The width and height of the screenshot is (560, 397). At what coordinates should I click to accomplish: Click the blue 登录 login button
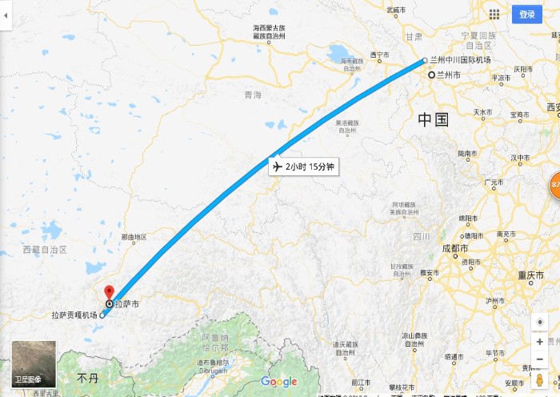pos(527,14)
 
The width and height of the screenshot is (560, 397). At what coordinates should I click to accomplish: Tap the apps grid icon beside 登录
pos(494,14)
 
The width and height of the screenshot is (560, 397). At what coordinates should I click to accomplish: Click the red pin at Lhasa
pos(110,292)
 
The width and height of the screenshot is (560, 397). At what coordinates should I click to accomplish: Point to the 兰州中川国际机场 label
pos(460,60)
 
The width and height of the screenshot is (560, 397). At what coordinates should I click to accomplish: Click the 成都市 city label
pos(455,248)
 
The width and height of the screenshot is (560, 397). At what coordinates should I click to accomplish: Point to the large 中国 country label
pos(433,120)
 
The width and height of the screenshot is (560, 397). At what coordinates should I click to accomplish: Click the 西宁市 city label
pos(379,54)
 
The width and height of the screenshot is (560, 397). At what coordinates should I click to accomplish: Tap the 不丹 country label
pos(86,376)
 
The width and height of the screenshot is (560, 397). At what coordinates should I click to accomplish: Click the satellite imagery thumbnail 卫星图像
pos(34,363)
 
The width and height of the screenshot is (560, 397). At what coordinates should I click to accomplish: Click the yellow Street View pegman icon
pos(540,379)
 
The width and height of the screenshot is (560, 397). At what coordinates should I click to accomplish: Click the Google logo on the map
pos(279,382)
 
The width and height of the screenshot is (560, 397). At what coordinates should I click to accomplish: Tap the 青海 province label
pos(253,95)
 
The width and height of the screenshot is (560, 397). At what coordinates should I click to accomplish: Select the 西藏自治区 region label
pos(45,251)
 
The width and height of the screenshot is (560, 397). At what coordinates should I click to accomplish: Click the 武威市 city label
pos(398,10)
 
